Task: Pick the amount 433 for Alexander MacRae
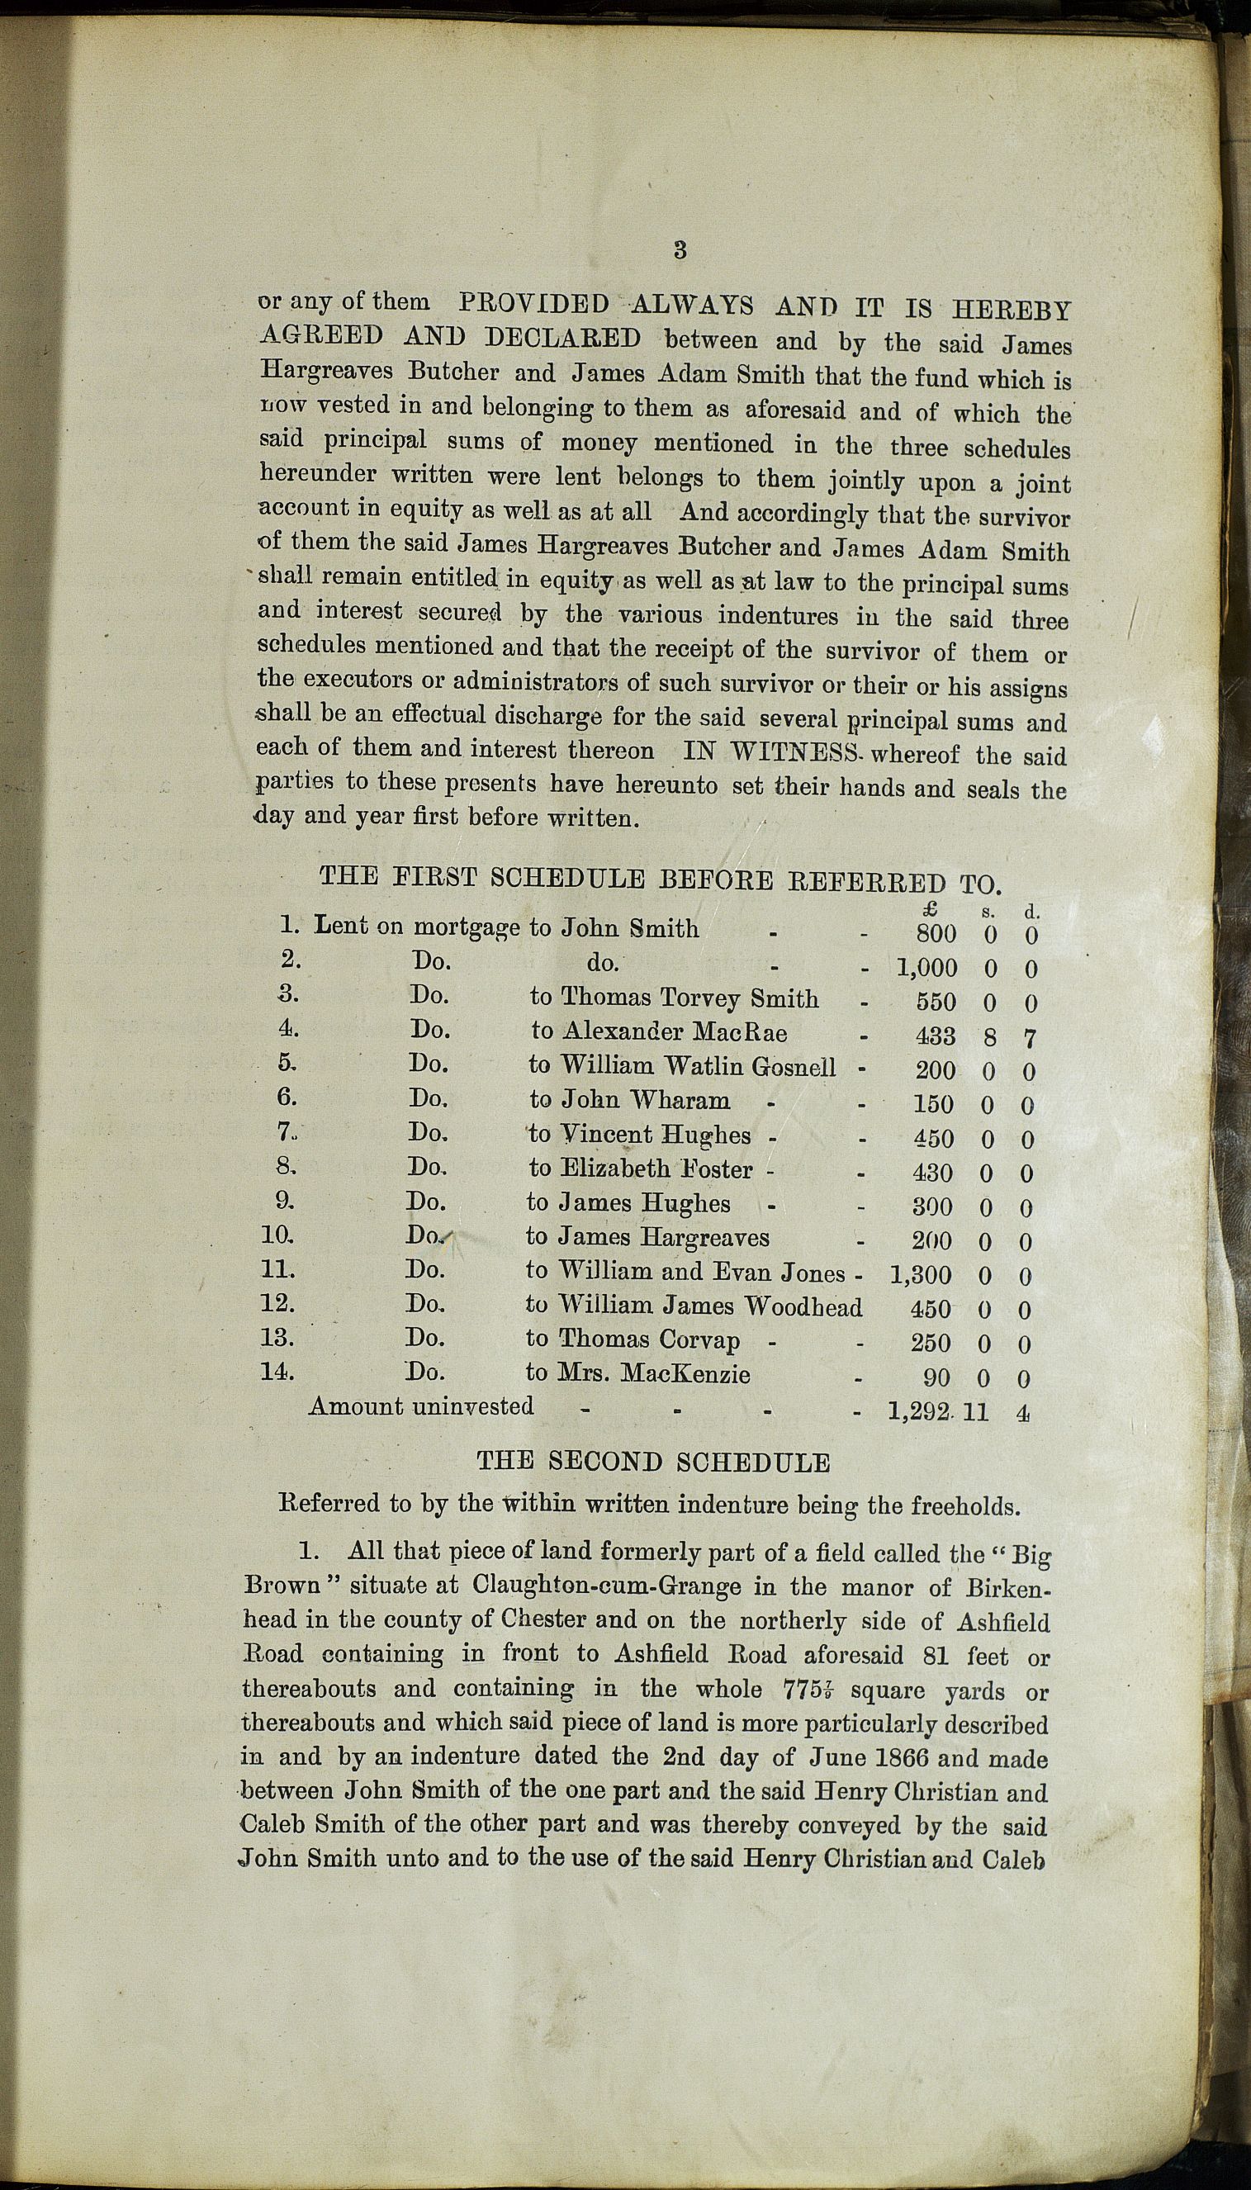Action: [x=934, y=1036]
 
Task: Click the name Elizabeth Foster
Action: [x=656, y=1169]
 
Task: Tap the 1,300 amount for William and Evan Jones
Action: [x=921, y=1276]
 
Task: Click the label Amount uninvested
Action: [x=421, y=1406]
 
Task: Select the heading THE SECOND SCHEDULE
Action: [x=653, y=1462]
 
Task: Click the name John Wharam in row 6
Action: [x=644, y=1101]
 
